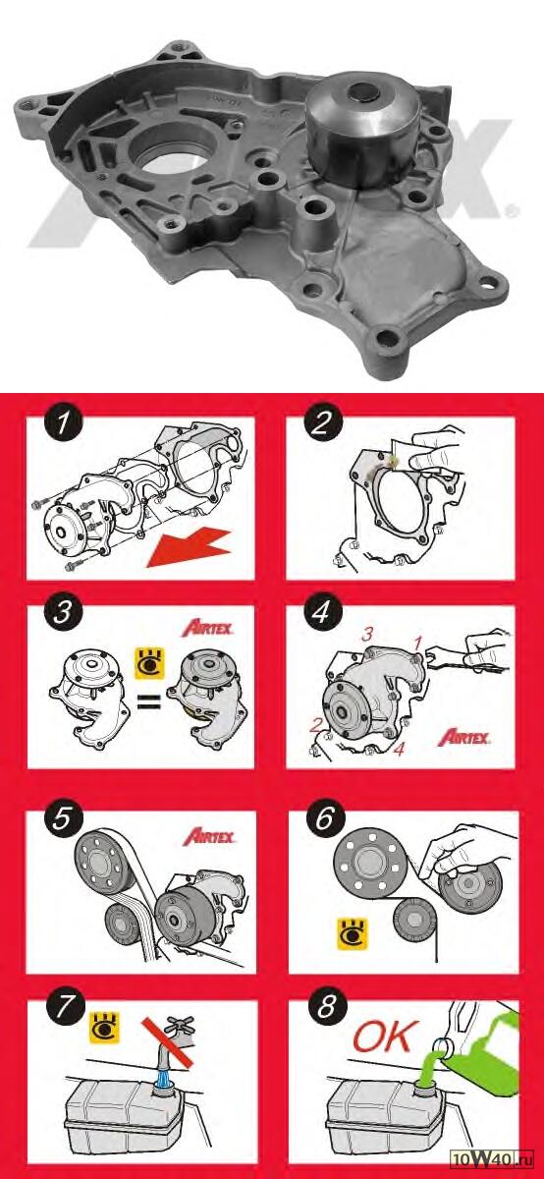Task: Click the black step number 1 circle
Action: (x=64, y=422)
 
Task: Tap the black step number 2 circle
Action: (x=322, y=422)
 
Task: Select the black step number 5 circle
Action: (x=62, y=819)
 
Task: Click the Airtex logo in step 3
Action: (x=208, y=628)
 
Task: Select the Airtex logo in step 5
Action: (x=209, y=836)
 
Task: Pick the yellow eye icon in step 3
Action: (x=150, y=663)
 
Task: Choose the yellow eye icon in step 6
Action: (x=352, y=934)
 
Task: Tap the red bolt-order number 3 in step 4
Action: (x=367, y=635)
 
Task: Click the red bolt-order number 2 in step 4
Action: (x=315, y=726)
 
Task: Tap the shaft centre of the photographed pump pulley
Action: (x=364, y=92)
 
